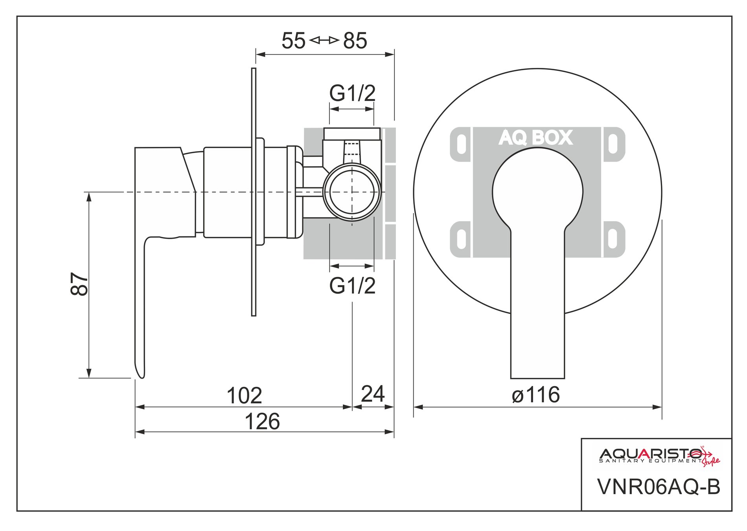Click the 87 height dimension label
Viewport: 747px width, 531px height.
click(x=80, y=284)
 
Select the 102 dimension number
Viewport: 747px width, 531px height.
click(x=244, y=396)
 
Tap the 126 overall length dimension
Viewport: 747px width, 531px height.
click(x=262, y=421)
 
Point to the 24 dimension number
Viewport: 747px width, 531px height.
click(x=372, y=394)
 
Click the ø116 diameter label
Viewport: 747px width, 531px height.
click(x=536, y=395)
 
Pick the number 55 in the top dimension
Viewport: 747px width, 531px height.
click(x=293, y=41)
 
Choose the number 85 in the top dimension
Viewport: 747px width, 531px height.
click(x=355, y=41)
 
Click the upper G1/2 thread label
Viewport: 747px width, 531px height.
click(x=352, y=93)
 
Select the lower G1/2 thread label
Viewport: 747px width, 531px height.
click(x=352, y=286)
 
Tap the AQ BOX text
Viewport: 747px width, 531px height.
click(x=536, y=138)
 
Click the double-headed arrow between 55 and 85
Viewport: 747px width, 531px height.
click(x=324, y=40)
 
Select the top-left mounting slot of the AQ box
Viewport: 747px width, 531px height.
click(x=462, y=144)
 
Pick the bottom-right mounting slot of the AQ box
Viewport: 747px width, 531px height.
click(x=613, y=239)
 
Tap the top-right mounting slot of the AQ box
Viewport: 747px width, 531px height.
click(x=613, y=144)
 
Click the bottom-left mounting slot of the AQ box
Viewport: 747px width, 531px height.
click(x=462, y=239)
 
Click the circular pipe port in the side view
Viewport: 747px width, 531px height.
click(x=352, y=192)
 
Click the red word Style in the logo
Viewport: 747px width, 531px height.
click(x=711, y=462)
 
